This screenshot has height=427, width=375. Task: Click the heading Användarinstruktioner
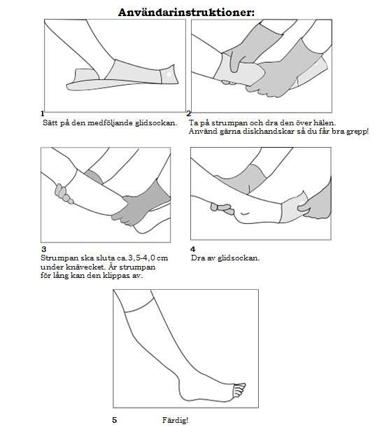point(186,13)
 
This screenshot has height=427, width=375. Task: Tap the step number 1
point(42,113)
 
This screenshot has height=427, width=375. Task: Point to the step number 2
point(189,114)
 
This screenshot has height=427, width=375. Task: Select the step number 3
point(44,249)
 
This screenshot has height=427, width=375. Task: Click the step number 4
point(193,249)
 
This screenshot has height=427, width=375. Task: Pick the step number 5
point(115,420)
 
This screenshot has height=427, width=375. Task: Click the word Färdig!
point(175,420)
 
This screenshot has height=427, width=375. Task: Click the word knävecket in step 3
point(85,267)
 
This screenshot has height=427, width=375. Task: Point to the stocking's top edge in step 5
point(140,306)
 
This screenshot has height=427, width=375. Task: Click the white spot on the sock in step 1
point(169,74)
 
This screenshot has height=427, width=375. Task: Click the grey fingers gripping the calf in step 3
point(64,194)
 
